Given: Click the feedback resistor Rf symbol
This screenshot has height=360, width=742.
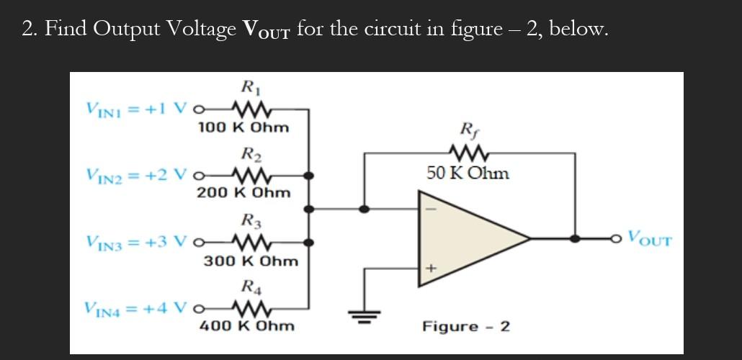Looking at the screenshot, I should (x=468, y=153).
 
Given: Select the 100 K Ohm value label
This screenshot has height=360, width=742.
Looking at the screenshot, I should (x=243, y=128).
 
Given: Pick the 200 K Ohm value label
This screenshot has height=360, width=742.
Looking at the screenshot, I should (x=243, y=193).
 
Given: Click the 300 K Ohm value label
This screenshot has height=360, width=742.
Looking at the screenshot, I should (x=251, y=261).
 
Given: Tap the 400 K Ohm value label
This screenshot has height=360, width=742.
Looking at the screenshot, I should (x=246, y=326).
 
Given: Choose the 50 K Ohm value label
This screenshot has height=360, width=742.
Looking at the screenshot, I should (x=468, y=174).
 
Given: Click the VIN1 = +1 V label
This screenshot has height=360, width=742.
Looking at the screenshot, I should (x=137, y=109).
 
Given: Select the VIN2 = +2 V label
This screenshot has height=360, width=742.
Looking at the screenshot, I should (x=137, y=175).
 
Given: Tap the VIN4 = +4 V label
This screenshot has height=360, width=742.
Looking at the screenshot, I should (x=137, y=308).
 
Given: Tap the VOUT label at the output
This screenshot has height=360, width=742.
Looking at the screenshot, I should (x=649, y=237).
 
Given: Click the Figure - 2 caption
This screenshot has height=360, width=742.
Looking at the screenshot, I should (x=466, y=326).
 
